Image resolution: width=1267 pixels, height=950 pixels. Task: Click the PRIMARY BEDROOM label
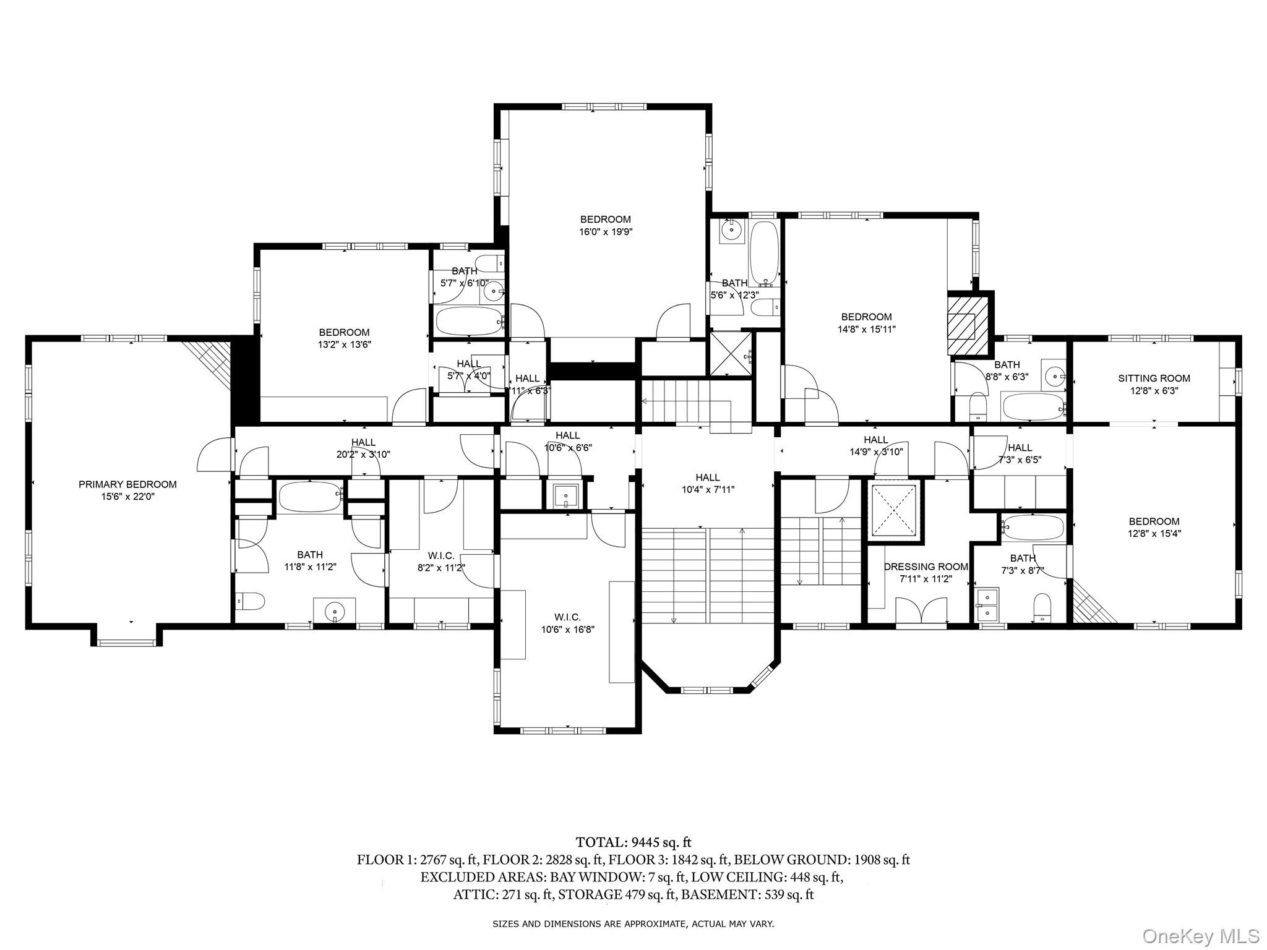click(127, 484)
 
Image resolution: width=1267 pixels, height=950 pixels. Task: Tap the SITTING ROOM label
click(1154, 379)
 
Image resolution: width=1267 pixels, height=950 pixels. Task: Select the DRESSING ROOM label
click(926, 567)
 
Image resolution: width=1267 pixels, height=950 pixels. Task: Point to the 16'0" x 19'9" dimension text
click(606, 232)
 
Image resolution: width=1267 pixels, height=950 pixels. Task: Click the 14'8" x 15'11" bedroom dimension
click(866, 330)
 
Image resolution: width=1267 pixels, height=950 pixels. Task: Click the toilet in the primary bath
click(251, 601)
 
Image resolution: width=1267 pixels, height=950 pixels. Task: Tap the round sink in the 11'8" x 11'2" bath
click(335, 610)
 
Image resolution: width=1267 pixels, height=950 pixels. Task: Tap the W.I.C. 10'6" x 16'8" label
click(567, 623)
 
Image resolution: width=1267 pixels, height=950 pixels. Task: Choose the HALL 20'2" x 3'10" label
click(363, 448)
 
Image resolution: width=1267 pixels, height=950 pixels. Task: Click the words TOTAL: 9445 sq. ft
click(633, 842)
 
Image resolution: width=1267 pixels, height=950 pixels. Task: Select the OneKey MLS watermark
click(1200, 936)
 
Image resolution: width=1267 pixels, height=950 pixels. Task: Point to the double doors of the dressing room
click(921, 610)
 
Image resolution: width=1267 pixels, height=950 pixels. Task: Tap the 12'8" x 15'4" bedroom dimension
click(1154, 534)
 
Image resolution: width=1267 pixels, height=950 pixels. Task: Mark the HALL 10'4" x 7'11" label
click(707, 483)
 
